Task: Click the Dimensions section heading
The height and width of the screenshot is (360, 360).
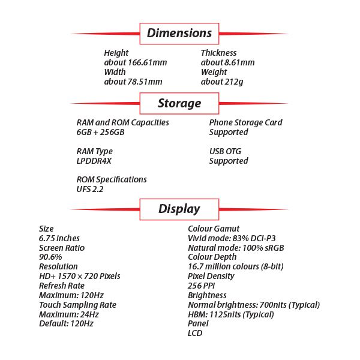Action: click(179, 33)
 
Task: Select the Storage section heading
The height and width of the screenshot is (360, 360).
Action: click(179, 103)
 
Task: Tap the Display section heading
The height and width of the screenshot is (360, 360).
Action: click(179, 209)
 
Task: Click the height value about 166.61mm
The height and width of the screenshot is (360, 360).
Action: click(135, 62)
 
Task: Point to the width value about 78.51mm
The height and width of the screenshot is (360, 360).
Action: click(133, 82)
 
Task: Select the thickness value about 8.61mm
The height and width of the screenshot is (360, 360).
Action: click(227, 62)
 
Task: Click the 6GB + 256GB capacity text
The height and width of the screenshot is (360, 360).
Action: click(100, 132)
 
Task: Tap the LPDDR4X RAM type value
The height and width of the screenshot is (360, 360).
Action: click(94, 161)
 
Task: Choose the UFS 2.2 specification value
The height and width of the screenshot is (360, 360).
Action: click(90, 190)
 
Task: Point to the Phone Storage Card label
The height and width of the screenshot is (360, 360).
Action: click(245, 122)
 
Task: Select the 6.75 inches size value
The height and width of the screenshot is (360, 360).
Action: click(59, 238)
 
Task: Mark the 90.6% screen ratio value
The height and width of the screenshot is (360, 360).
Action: click(50, 257)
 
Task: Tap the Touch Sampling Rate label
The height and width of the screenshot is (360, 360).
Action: click(77, 305)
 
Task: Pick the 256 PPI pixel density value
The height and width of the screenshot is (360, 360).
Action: click(202, 286)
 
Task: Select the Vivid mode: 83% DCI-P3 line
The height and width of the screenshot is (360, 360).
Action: click(230, 238)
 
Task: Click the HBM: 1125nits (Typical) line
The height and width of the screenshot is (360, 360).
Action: click(231, 314)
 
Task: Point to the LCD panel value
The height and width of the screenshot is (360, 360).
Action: click(196, 333)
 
